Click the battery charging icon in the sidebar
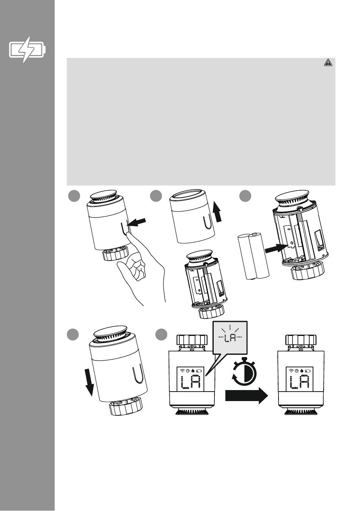pyautogui.click(x=27, y=50)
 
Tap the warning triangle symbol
pyautogui.click(x=328, y=62)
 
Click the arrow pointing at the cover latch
pyautogui.click(x=136, y=222)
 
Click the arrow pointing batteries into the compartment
pyautogui.click(x=275, y=248)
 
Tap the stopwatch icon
pyautogui.click(x=244, y=372)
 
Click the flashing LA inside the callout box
pyautogui.click(x=230, y=338)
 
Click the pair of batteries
pyautogui.click(x=253, y=256)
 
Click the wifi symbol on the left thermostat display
pyautogui.click(x=182, y=371)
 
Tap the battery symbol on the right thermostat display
pyautogui.click(x=308, y=371)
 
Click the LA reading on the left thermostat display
pyautogui.click(x=191, y=382)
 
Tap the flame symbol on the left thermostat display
pyautogui.click(x=193, y=371)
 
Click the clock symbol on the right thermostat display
pyautogui.click(x=297, y=371)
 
